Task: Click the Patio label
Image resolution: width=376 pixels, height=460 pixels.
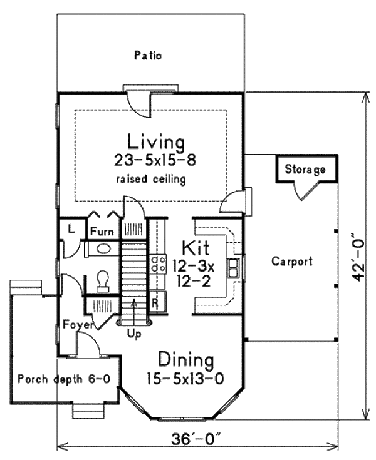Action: pyautogui.click(x=149, y=56)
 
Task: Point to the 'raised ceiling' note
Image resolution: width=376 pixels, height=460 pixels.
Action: pyautogui.click(x=150, y=180)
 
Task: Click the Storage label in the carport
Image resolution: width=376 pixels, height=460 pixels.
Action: pyautogui.click(x=305, y=169)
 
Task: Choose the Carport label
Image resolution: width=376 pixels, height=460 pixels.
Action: pyautogui.click(x=291, y=262)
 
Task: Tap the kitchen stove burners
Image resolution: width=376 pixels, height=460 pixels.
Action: pyautogui.click(x=157, y=264)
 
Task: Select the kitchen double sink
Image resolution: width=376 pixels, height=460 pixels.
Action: pyautogui.click(x=234, y=267)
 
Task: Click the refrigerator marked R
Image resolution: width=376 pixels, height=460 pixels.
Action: pyautogui.click(x=155, y=302)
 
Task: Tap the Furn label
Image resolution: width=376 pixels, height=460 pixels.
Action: pyautogui.click(x=102, y=232)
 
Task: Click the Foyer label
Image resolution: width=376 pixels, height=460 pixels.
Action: pyautogui.click(x=78, y=325)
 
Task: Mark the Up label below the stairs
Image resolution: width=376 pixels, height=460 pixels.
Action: pyautogui.click(x=134, y=334)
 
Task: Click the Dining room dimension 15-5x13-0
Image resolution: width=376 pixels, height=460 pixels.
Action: pyautogui.click(x=185, y=379)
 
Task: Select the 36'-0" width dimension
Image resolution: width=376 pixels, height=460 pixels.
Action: pyautogui.click(x=198, y=440)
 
